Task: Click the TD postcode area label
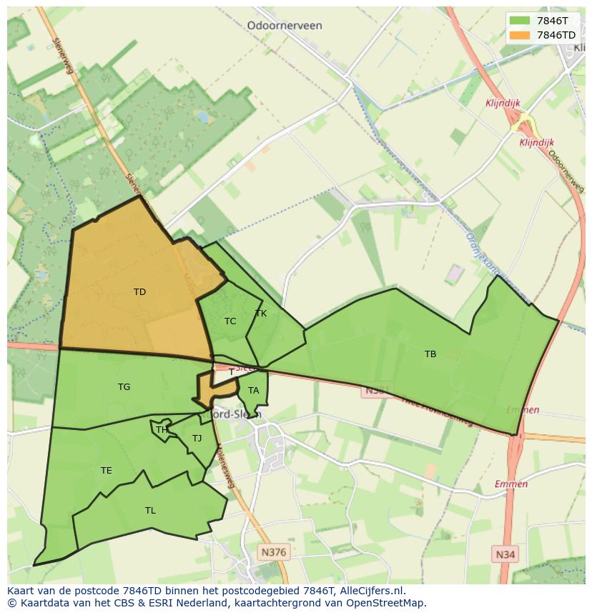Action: (139, 291)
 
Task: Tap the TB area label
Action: (430, 354)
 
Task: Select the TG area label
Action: (124, 386)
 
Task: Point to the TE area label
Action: (106, 470)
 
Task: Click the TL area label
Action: (150, 510)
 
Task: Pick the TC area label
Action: (230, 321)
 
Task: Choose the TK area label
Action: (260, 313)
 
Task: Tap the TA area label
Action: (253, 390)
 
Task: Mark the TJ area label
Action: (197, 438)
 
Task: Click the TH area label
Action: (162, 429)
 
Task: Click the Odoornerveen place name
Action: (284, 25)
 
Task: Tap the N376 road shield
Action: (273, 552)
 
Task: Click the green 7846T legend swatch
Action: (520, 21)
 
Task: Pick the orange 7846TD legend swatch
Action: (520, 34)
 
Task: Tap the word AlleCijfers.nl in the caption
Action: (372, 591)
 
